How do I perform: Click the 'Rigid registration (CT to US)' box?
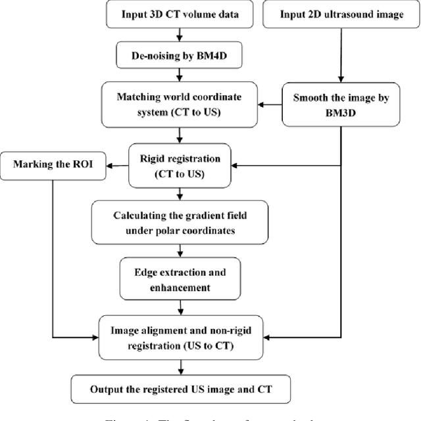click(179, 166)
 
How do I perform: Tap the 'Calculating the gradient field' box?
click(180, 223)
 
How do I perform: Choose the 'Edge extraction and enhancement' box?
click(179, 279)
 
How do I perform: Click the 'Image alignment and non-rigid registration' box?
click(180, 336)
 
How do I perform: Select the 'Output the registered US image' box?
click(180, 389)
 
